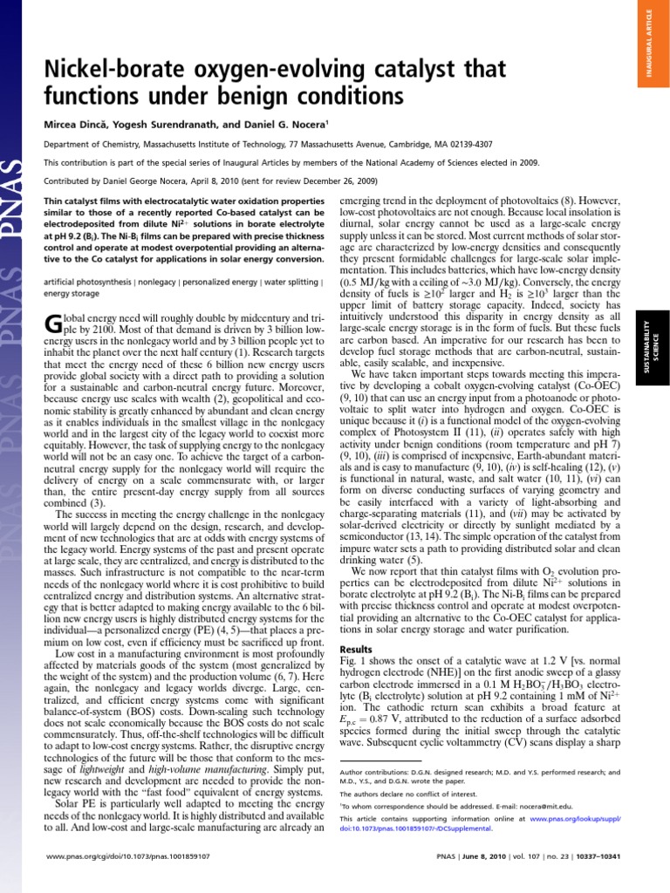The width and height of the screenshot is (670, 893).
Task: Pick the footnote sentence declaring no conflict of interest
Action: point(396,794)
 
